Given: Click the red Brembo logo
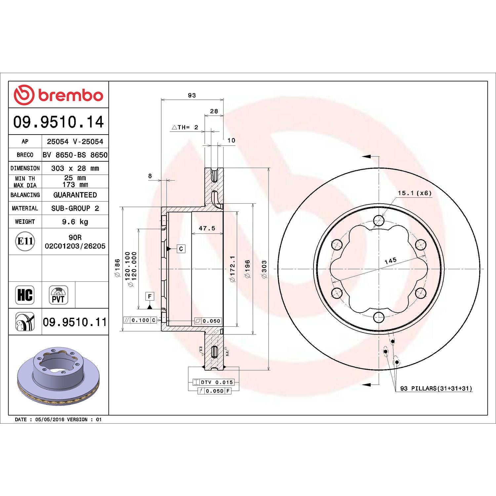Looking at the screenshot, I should point(58,95).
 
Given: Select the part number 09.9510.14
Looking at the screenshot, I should point(59,122).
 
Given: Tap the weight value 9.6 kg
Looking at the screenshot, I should point(75,222).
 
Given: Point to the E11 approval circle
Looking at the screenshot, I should point(25,241).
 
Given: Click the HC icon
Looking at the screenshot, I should point(25,295).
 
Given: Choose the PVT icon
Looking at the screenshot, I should point(58,295).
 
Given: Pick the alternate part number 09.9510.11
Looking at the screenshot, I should point(75,322).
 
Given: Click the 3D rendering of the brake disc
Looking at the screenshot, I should point(58,376).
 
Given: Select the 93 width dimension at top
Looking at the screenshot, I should point(192,95).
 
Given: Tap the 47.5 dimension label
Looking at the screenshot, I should point(207,228).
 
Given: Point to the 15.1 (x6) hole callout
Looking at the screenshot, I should point(415,193).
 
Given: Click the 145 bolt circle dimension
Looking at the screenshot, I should point(391,261).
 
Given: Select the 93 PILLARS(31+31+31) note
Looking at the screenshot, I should point(436,388).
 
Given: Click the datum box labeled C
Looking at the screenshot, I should point(181,249).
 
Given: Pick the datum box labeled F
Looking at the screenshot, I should point(150,296).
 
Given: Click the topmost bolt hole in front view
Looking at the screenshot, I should point(379,221).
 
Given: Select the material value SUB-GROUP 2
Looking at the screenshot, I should point(75,208).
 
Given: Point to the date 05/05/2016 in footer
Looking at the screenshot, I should point(50,419).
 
